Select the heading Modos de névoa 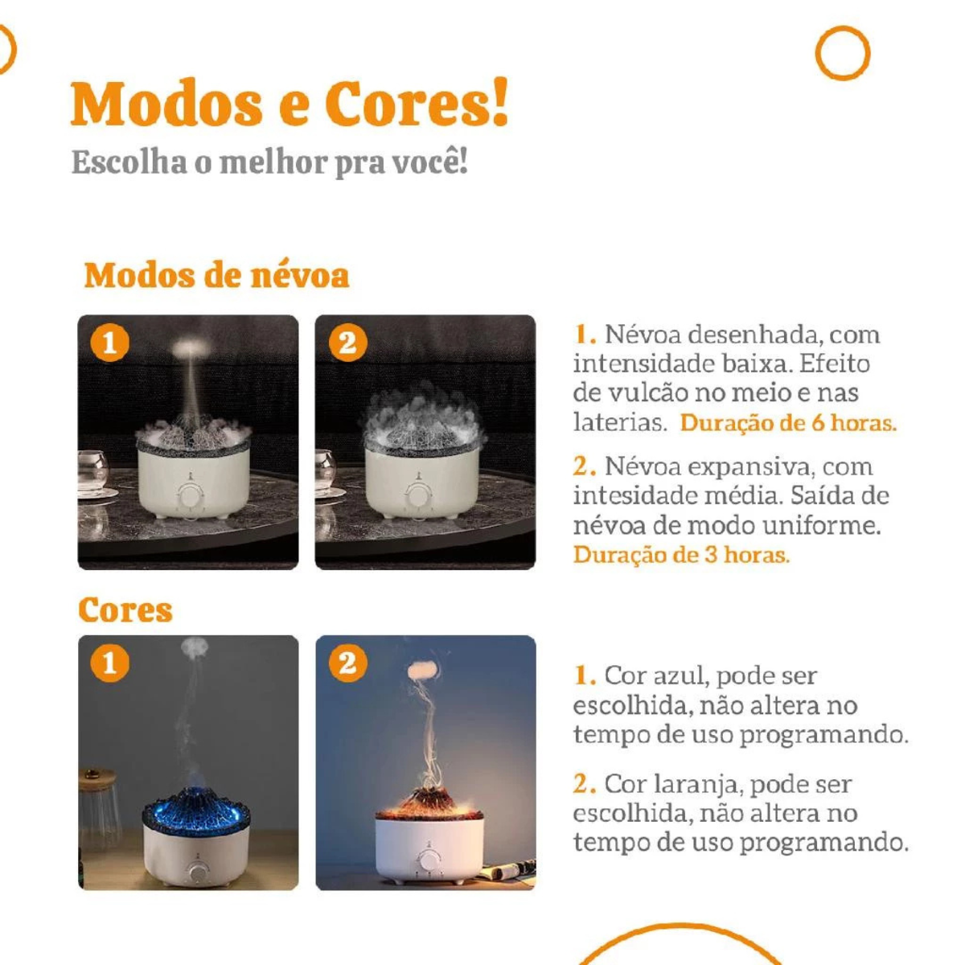[x=216, y=276]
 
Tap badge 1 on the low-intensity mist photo [x=109, y=343]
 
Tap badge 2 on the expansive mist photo [x=347, y=343]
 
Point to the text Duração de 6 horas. [x=788, y=424]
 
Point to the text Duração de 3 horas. [x=682, y=555]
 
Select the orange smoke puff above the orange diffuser [x=424, y=670]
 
